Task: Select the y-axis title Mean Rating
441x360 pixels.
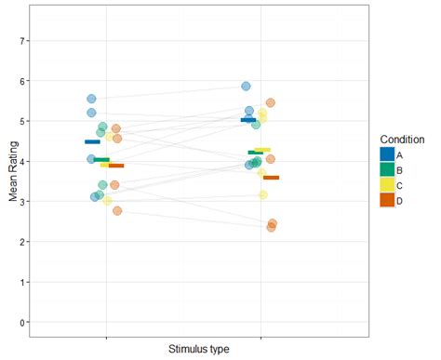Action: (x=10, y=181)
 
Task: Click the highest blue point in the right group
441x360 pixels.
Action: (x=247, y=87)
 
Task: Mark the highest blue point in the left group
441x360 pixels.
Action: (x=92, y=99)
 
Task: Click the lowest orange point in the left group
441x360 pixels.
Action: (x=117, y=211)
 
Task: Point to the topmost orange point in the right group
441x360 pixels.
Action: (x=270, y=103)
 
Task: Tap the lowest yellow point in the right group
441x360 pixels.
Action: (x=263, y=194)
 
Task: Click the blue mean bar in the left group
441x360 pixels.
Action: (x=92, y=141)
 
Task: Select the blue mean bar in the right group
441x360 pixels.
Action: (x=247, y=120)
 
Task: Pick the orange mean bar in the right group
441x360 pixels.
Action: (x=271, y=177)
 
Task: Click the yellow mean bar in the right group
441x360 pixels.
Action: (x=262, y=150)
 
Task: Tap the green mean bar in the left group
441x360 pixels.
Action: (x=101, y=160)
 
